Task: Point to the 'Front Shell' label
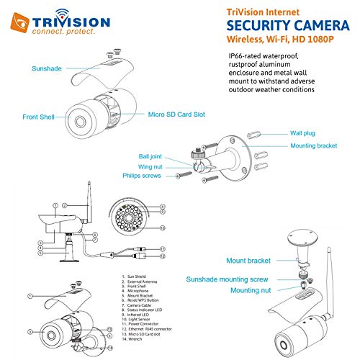[40, 117]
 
